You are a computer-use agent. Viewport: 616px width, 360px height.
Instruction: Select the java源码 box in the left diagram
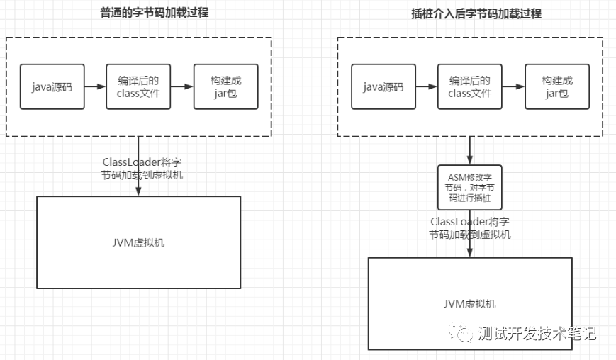click(x=52, y=86)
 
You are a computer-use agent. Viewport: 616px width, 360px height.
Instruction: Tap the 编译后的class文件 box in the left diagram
click(x=139, y=86)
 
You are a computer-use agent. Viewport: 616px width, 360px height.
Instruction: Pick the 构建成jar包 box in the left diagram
click(x=226, y=86)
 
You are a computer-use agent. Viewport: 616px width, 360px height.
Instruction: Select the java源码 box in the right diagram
click(x=383, y=86)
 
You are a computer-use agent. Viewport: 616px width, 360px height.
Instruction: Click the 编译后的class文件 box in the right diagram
click(x=470, y=86)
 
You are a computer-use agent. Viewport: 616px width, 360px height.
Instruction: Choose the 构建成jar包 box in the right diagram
click(x=557, y=86)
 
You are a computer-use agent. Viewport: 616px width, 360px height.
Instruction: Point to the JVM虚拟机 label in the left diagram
click(x=139, y=242)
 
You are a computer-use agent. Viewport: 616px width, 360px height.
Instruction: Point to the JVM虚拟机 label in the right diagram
click(x=470, y=304)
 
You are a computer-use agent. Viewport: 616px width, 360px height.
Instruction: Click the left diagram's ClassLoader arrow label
click(x=142, y=168)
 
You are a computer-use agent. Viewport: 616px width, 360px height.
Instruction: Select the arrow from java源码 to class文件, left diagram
click(x=95, y=86)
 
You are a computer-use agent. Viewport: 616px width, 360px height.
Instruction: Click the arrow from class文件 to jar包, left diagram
click(x=182, y=86)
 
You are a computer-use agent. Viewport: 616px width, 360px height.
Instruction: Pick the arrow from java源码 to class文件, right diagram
click(x=426, y=86)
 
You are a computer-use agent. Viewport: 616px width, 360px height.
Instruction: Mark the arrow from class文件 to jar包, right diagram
click(x=513, y=86)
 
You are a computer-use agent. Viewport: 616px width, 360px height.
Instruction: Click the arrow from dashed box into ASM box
click(x=470, y=150)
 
